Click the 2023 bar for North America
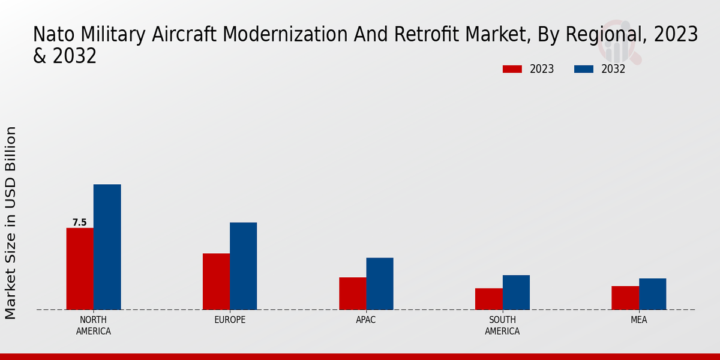coord(80,269)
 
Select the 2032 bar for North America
coord(107,247)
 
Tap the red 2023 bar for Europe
coord(216,281)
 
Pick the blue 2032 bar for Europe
coord(243,266)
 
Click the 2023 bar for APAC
coord(352,293)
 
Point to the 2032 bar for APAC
coord(380,284)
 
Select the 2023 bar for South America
coord(488,299)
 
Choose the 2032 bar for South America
coord(516,292)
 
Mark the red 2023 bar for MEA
coord(625,298)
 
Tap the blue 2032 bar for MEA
coord(652,294)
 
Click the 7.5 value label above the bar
coord(80,223)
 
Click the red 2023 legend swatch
coord(512,69)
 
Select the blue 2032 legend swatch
coord(584,69)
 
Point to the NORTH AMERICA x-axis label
coord(94,325)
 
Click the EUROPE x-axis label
coord(230,320)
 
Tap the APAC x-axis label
coord(366,320)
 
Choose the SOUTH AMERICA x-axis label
coord(502,325)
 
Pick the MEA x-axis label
coord(638,320)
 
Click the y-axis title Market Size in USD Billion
coord(11,223)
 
